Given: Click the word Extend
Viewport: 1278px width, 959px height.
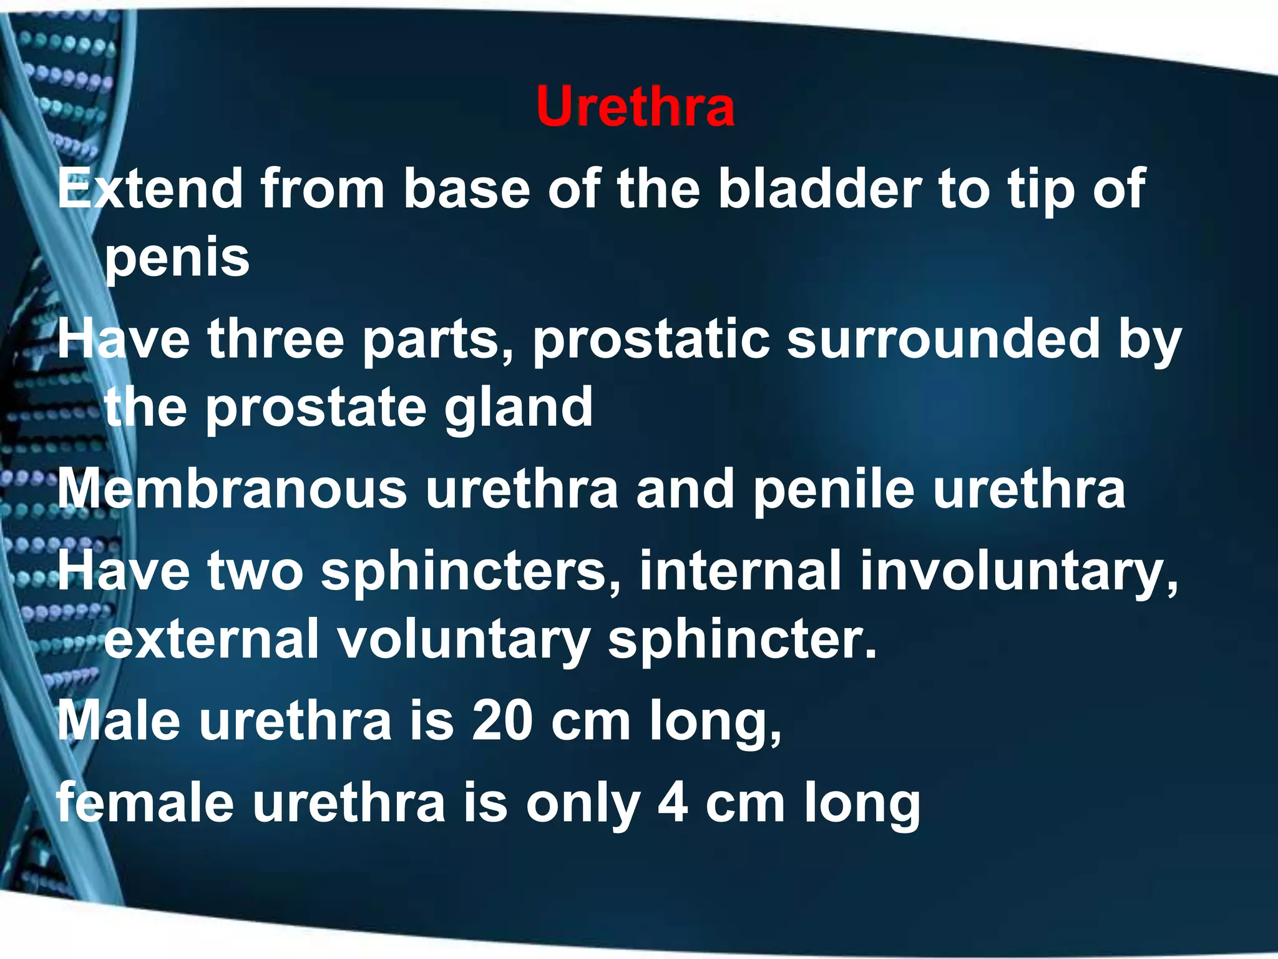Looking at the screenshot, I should (150, 189).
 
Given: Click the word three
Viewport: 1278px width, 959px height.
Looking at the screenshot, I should (276, 340).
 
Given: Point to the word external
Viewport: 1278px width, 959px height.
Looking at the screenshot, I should (212, 639).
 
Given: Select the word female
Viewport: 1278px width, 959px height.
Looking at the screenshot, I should (145, 803).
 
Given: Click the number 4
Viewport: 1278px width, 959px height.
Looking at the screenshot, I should (673, 804).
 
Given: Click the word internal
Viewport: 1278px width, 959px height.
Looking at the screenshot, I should (740, 571).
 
